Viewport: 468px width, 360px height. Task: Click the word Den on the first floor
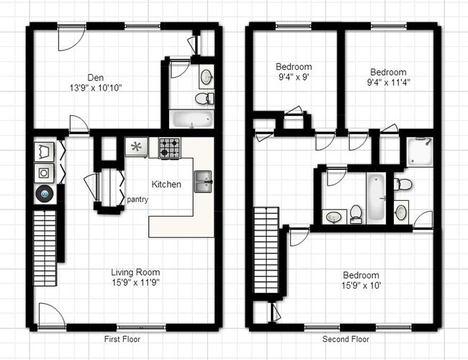tap(95, 77)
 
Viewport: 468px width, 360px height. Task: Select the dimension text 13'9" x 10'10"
tap(95, 88)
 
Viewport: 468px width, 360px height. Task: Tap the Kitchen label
tap(166, 184)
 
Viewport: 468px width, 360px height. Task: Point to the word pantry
tap(138, 199)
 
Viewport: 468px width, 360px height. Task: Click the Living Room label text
tap(135, 272)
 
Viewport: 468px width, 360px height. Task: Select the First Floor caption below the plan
tap(122, 338)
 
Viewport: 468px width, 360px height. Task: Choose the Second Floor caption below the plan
tap(346, 338)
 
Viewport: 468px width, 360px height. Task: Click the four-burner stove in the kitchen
tap(169, 148)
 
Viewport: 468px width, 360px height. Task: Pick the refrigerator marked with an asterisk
tap(136, 148)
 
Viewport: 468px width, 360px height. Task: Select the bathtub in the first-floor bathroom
tap(192, 119)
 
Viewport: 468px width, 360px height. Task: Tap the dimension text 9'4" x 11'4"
tap(388, 83)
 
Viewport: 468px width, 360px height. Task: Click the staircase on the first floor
tap(45, 246)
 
